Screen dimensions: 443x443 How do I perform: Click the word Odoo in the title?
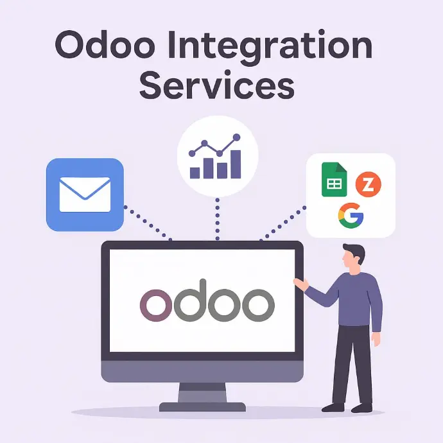[x=105, y=45]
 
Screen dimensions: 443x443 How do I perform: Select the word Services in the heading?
[x=217, y=84]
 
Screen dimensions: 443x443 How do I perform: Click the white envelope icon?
[x=85, y=195]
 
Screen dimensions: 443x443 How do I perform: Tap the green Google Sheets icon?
[x=334, y=179]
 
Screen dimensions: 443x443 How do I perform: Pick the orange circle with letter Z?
[x=368, y=184]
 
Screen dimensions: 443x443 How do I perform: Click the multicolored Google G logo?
[x=351, y=216]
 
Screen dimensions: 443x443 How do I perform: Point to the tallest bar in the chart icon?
[x=236, y=164]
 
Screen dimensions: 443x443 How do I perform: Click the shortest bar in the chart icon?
[x=195, y=173]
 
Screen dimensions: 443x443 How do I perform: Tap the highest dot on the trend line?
[x=237, y=137]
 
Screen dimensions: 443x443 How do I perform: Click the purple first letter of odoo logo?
[x=155, y=305]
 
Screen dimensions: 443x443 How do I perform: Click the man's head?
[x=353, y=256]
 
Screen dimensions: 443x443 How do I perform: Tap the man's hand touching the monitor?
[x=301, y=284]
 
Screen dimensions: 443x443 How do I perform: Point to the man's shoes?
[x=347, y=408]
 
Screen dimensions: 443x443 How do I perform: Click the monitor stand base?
[x=202, y=407]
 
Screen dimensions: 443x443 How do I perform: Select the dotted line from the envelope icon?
[x=148, y=223]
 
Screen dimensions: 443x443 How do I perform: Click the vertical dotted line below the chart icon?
[x=217, y=219]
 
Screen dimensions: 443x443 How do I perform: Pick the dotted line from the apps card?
[x=282, y=224]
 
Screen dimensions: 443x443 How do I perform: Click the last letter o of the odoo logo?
[x=258, y=305]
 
